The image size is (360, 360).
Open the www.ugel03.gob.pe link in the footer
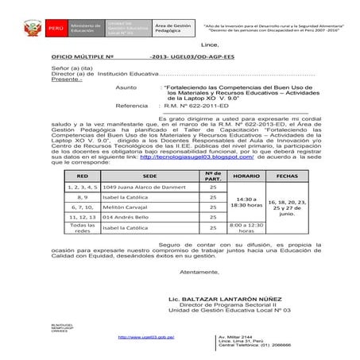(145, 337)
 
